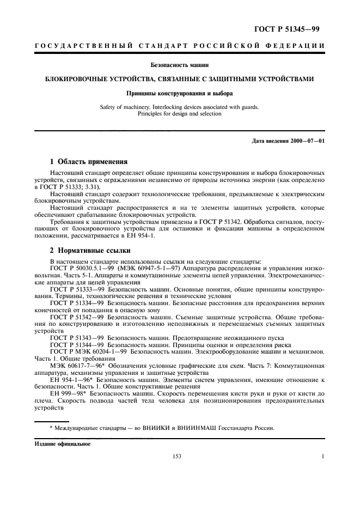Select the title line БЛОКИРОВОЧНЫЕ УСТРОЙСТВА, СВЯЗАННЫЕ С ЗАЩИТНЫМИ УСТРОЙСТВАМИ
pyautogui.click(x=179, y=79)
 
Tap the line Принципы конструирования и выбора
pyautogui.click(x=179, y=93)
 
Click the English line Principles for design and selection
pyautogui.click(x=179, y=114)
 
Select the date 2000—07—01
pyautogui.click(x=308, y=142)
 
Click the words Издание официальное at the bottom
pyautogui.click(x=63, y=444)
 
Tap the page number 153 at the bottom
pyautogui.click(x=176, y=457)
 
